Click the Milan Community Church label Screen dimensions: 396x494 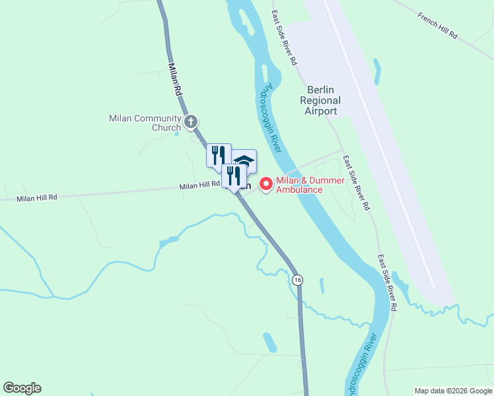tap(145, 123)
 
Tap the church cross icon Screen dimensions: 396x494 tap(191, 121)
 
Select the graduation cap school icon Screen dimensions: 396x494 tap(244, 160)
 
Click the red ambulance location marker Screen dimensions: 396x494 tap(267, 183)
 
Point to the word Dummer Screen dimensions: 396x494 tap(306, 180)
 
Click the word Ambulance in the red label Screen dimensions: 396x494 tap(299, 190)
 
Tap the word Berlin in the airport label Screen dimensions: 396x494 tap(321, 90)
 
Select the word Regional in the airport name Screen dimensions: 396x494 tap(320, 101)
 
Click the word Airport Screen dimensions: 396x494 tap(320, 111)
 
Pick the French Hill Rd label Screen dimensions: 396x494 tap(437, 25)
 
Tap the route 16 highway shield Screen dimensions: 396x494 tap(298, 279)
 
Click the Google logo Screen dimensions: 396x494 tap(22, 388)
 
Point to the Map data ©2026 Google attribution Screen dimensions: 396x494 tap(453, 391)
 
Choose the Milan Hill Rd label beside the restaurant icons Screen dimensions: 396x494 tap(199, 187)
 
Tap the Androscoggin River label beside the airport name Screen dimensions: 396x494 tap(273, 116)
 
